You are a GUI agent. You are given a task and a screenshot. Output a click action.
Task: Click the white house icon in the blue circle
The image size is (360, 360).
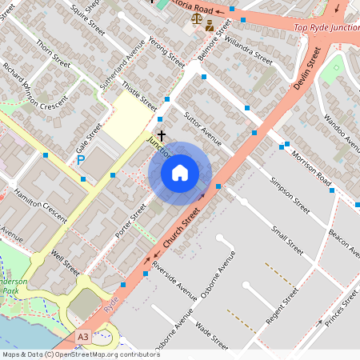click(x=180, y=173)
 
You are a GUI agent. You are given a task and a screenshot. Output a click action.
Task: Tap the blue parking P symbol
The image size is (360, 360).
click(x=81, y=161)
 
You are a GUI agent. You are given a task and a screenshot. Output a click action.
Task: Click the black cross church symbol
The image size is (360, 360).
click(x=162, y=136)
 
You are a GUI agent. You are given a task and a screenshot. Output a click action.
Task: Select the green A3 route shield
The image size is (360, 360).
click(x=83, y=338)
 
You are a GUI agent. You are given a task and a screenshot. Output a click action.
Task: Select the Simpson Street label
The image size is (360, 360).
click(x=290, y=194)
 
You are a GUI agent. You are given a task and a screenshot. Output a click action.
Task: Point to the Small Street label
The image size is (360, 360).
click(x=286, y=239)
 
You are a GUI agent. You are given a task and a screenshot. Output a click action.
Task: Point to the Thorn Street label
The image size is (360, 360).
click(x=53, y=54)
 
